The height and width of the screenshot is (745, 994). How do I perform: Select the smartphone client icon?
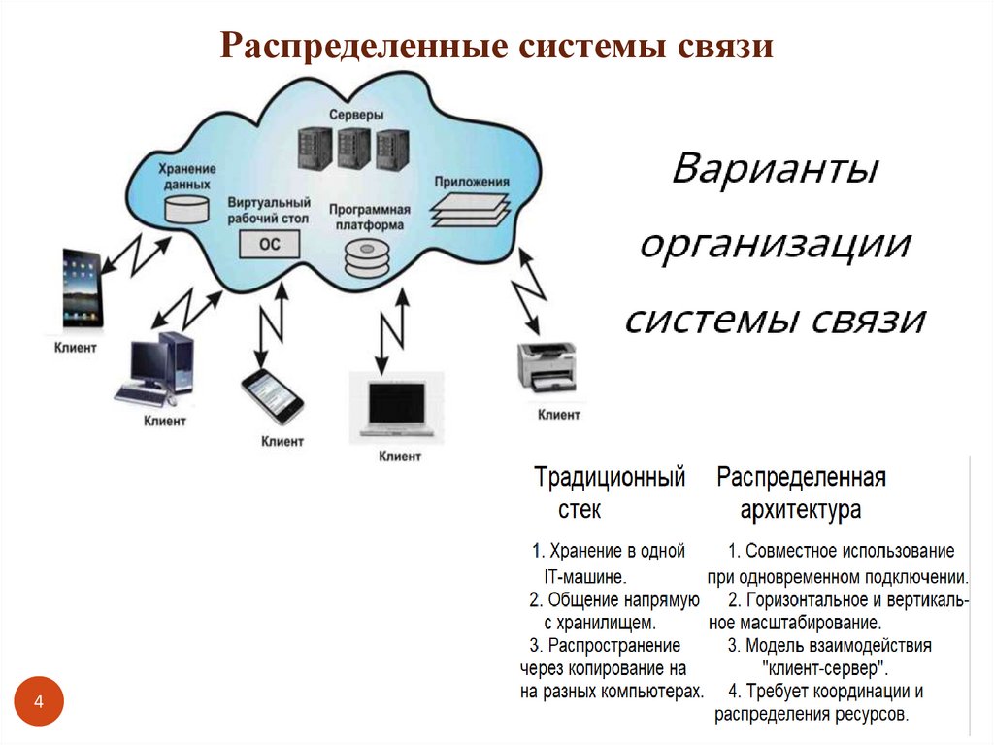[x=272, y=396]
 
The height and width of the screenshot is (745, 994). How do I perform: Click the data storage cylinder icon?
[x=186, y=208]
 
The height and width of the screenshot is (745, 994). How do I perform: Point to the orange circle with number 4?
[x=39, y=701]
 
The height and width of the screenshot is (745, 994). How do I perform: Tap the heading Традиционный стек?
[x=610, y=492]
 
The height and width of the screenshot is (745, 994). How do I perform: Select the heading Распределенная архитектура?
[x=802, y=492]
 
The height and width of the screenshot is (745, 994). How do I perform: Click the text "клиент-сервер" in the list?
[x=826, y=669]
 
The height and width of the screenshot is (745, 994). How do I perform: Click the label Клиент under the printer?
[x=559, y=415]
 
